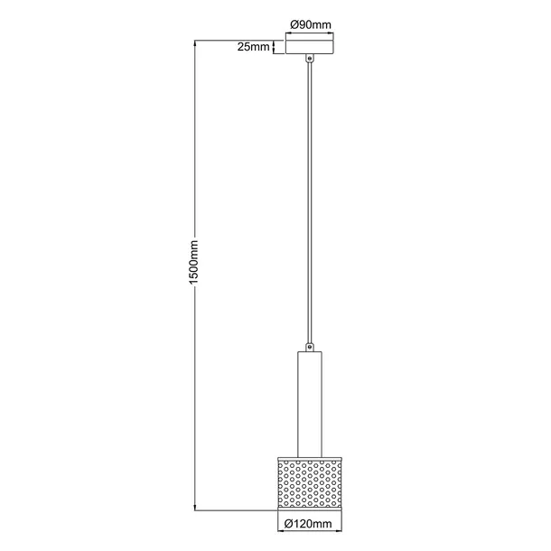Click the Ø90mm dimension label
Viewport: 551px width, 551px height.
(x=310, y=25)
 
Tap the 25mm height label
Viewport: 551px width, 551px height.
(x=253, y=47)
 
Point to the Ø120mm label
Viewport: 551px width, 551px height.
(x=310, y=522)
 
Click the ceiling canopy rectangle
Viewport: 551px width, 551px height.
(x=310, y=46)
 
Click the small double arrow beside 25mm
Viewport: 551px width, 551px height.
(x=275, y=47)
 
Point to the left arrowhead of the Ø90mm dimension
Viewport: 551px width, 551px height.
(x=288, y=34)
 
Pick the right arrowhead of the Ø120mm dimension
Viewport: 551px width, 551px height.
(x=341, y=531)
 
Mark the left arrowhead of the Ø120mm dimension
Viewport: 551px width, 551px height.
(x=278, y=531)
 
